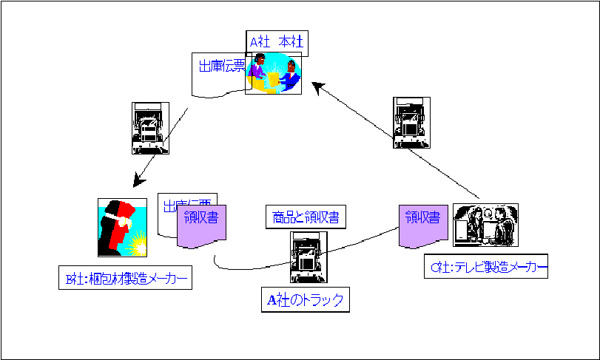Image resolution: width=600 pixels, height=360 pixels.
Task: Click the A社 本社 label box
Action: tap(277, 43)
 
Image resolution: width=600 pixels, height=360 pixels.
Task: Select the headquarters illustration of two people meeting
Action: tap(274, 73)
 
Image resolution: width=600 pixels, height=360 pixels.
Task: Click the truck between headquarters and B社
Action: tap(149, 128)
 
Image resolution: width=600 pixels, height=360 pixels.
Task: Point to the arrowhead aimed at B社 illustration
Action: tap(138, 180)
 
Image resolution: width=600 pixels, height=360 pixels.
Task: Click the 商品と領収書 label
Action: tap(306, 217)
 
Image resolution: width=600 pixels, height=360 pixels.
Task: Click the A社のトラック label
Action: tap(306, 299)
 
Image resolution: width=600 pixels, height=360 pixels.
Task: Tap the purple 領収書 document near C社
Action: tap(422, 224)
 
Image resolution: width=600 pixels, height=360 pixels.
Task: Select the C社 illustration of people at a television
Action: tap(485, 225)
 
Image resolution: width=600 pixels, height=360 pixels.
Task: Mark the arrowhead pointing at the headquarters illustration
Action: tap(316, 86)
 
